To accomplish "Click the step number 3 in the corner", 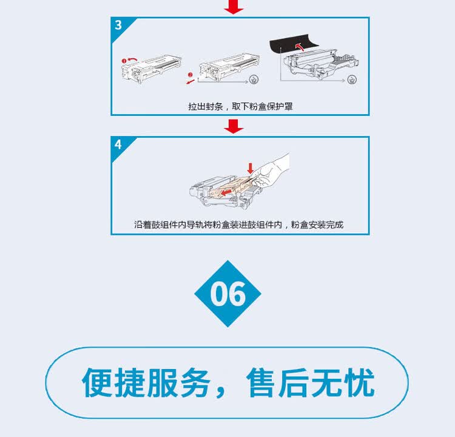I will click(118, 25).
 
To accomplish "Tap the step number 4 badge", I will click(118, 144).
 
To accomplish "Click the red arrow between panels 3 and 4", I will click(234, 126).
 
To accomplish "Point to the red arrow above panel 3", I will click(234, 7).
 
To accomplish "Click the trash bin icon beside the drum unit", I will click(351, 79).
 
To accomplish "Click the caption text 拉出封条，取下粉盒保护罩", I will click(240, 106).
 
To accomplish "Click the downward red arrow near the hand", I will click(249, 167).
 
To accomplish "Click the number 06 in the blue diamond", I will click(227, 294).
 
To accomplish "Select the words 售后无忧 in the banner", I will click(311, 382).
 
